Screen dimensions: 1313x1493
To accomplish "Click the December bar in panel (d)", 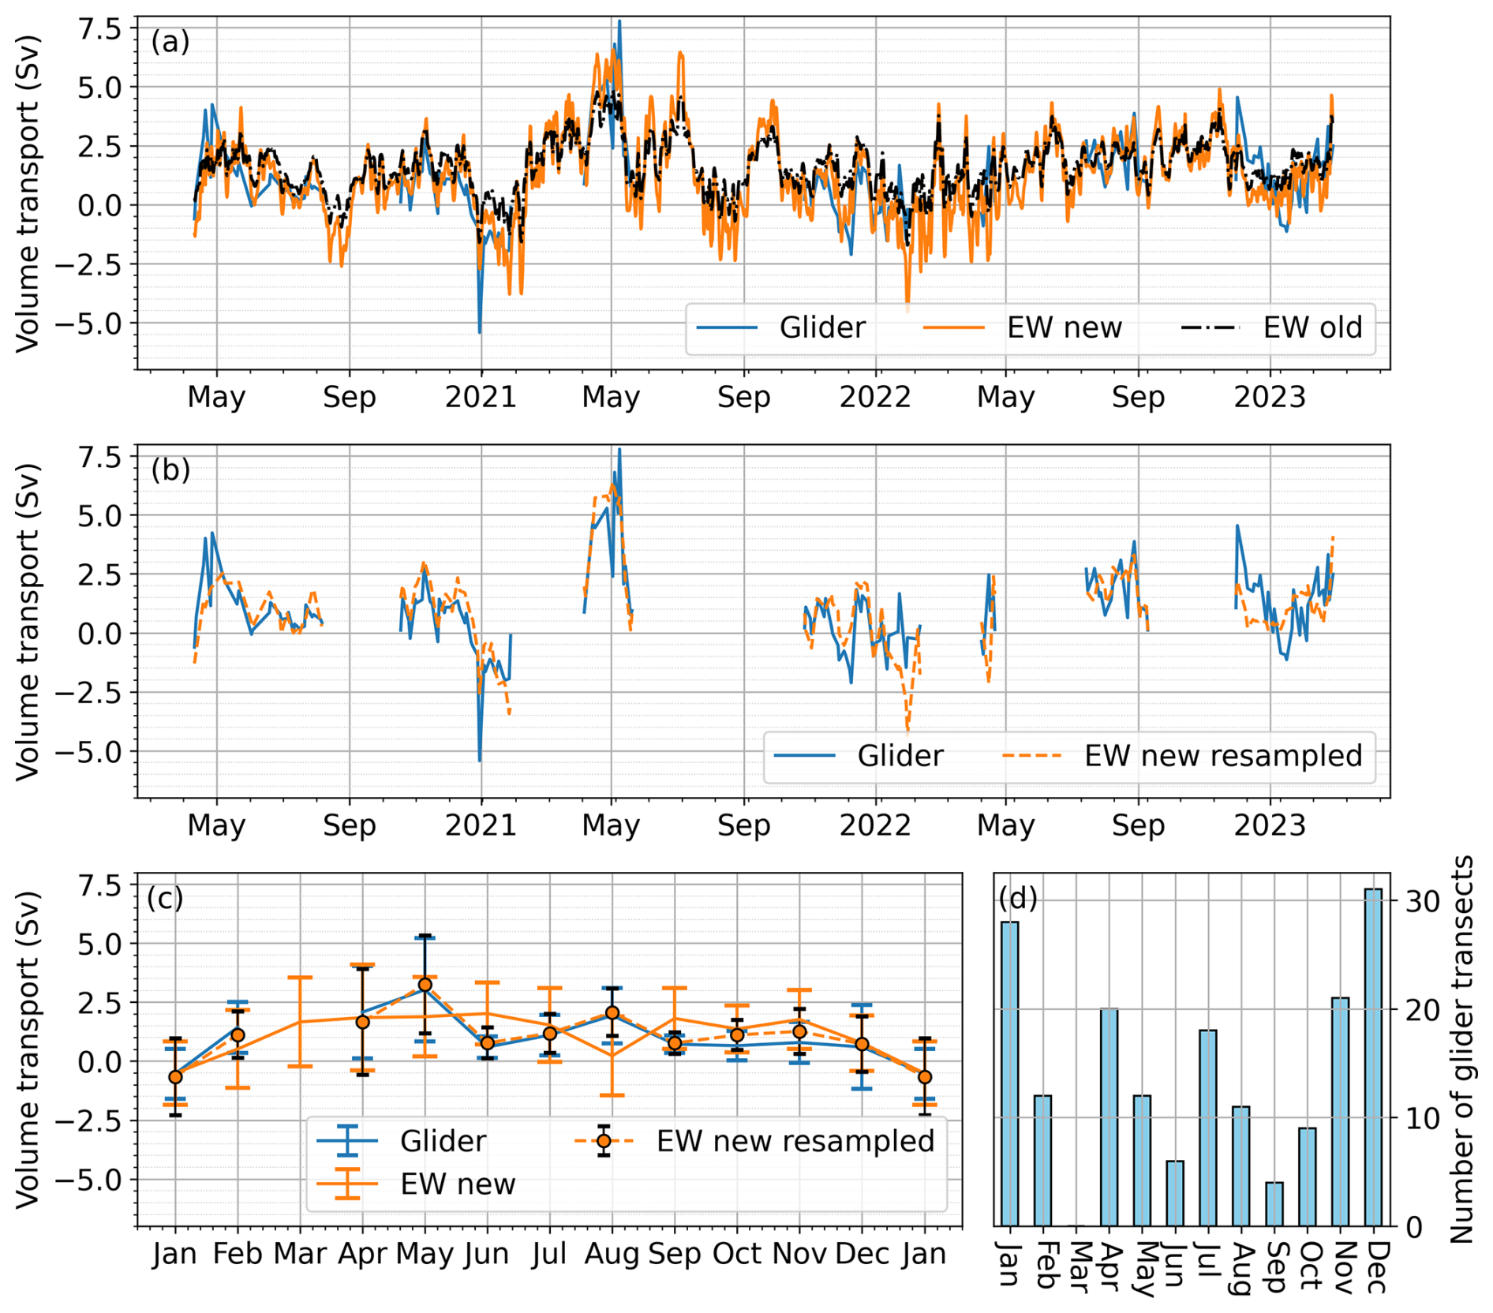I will click(1373, 1057).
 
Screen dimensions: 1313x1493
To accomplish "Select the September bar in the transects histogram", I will click(1274, 1204).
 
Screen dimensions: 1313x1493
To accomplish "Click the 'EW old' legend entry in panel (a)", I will click(1312, 327).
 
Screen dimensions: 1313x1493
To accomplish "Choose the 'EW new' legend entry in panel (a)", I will click(1064, 327).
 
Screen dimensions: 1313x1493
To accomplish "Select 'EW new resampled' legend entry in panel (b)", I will click(1222, 756).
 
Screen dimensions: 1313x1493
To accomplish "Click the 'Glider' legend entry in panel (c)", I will click(443, 1141).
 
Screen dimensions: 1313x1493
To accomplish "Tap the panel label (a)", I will click(170, 41).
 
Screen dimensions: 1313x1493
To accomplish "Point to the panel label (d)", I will click(1018, 898).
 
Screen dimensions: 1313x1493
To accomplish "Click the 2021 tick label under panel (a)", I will click(481, 397).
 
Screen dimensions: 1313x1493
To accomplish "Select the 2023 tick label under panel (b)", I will click(1270, 825).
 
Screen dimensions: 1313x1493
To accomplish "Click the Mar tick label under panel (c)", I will click(300, 1254).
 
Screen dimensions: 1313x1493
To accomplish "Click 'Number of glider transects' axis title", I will click(1461, 1049).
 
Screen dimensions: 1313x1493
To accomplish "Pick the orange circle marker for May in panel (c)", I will click(425, 985).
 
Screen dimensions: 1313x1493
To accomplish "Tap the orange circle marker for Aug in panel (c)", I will click(612, 1013).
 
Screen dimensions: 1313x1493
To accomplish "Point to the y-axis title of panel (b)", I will click(28, 622).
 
